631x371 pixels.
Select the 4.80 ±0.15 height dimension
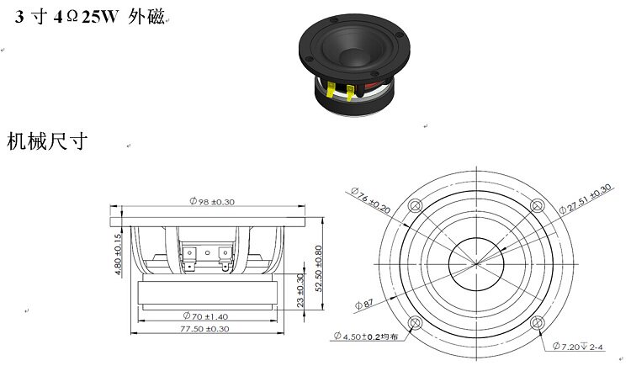118,249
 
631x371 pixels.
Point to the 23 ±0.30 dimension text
301,290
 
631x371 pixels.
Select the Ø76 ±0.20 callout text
369,199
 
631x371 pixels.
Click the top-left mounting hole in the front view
414,206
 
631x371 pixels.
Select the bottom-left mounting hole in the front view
414,323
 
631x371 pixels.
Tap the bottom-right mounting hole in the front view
535,323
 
